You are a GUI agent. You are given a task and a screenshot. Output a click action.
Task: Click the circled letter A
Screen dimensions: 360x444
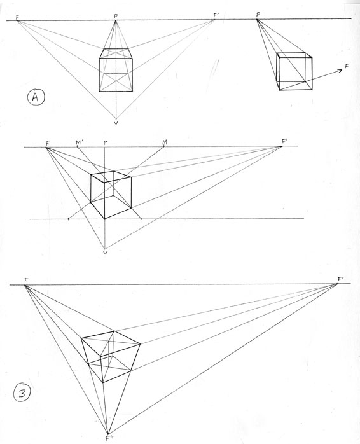36,97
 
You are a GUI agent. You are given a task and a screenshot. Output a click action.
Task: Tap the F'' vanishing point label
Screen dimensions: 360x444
109,438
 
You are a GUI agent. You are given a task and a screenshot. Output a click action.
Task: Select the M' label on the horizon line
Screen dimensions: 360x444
80,142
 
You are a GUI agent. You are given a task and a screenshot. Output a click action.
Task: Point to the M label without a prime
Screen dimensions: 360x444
165,142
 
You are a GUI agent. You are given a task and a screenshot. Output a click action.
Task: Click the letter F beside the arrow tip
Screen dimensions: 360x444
347,66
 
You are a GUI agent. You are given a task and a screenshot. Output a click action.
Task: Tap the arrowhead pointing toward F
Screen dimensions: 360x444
340,71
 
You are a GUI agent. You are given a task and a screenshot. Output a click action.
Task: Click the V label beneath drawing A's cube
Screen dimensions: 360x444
116,123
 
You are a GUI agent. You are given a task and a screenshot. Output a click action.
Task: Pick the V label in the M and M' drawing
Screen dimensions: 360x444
106,252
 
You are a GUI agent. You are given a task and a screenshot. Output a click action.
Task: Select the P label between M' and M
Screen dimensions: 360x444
106,142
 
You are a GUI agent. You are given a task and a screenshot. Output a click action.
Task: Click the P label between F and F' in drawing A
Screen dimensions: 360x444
116,16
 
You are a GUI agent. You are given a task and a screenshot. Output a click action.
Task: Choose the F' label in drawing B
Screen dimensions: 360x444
340,279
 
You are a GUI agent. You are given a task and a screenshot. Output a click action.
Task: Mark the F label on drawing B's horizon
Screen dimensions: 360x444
26,281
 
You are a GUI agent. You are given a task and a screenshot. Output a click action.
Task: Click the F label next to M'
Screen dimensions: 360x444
48,142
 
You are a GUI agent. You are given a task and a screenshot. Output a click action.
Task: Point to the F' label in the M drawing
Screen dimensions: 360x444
284,141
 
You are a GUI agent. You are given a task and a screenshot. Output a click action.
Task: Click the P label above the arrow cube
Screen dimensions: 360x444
258,15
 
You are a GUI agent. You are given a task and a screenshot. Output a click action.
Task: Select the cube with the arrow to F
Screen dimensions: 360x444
294,71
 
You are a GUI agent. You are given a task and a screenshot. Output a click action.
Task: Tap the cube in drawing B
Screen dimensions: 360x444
111,357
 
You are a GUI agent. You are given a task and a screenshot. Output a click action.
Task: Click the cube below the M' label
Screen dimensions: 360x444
111,195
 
